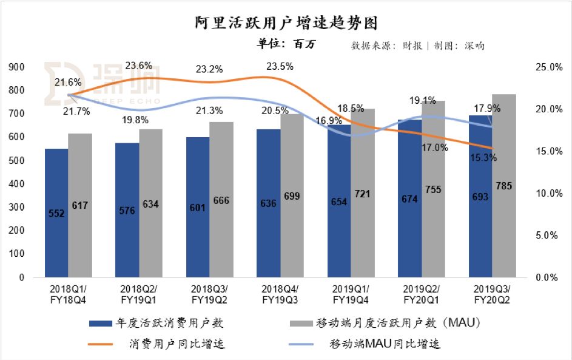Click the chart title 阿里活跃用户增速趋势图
(286, 22)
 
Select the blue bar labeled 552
(56, 212)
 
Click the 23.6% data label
(138, 66)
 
